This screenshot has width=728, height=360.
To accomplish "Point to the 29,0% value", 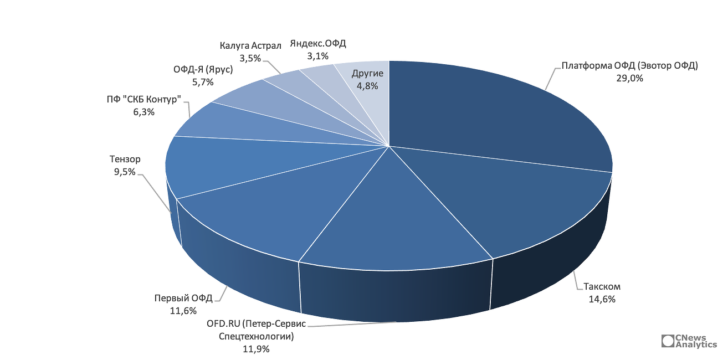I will (x=629, y=78).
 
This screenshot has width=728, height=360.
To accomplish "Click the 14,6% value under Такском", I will (x=602, y=299).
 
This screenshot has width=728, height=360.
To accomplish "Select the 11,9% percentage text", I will (x=256, y=349).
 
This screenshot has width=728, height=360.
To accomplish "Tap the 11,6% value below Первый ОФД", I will (x=183, y=311).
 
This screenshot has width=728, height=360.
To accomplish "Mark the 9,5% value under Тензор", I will (x=125, y=172).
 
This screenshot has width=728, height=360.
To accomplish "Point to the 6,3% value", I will (x=144, y=112).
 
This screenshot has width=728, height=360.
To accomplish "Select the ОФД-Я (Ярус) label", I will (x=203, y=70).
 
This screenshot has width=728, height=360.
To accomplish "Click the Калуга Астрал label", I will (x=250, y=45).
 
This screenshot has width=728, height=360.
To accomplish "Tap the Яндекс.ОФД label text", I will (x=318, y=43).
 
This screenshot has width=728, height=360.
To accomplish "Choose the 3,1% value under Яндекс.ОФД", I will (x=318, y=55).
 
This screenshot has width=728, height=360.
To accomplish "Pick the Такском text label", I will (x=602, y=287).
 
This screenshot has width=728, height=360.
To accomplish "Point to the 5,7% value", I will (x=203, y=82).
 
